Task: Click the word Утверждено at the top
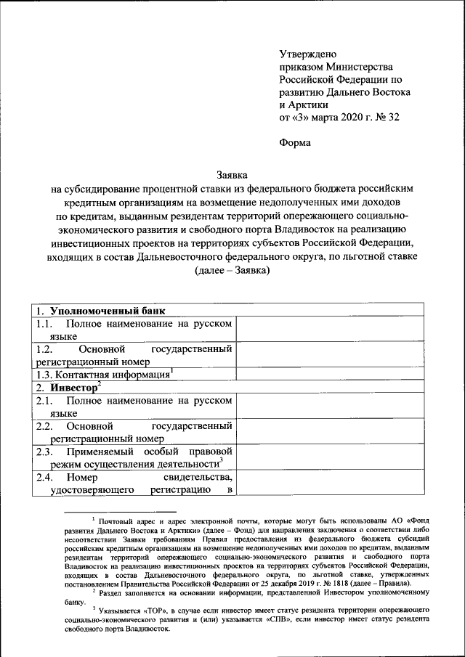click(308, 53)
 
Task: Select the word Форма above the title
click(295, 143)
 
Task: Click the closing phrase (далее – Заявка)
click(232, 272)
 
